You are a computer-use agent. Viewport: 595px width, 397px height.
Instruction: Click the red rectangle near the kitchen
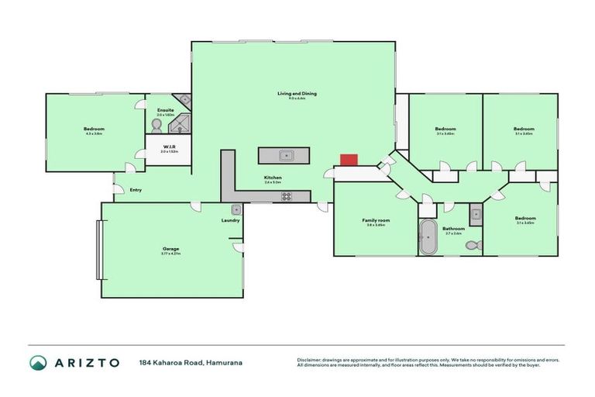[349, 159]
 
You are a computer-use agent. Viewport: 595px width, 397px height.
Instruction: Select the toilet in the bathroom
[473, 245]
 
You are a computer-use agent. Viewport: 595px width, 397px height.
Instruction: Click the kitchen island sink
[284, 155]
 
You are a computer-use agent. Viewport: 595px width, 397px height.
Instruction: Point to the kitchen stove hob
[286, 196]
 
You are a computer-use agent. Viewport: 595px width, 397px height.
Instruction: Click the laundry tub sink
[236, 209]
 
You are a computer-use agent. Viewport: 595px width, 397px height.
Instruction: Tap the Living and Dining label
[297, 94]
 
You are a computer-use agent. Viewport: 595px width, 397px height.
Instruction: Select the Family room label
[376, 220]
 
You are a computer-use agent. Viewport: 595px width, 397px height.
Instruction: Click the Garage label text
[170, 248]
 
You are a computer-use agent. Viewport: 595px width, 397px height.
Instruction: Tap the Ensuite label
[165, 110]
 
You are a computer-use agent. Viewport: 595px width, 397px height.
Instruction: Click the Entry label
[136, 190]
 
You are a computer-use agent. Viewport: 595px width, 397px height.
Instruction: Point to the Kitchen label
[272, 178]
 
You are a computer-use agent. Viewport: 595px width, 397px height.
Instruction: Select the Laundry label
[230, 220]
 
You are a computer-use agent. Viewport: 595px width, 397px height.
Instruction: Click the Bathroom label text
[453, 228]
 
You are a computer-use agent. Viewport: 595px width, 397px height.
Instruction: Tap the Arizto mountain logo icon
[37, 362]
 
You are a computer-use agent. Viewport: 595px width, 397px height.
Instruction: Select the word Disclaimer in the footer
[311, 360]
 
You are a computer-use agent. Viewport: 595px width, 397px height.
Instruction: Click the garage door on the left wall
[98, 249]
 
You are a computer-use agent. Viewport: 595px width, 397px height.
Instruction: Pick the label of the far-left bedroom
[94, 129]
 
